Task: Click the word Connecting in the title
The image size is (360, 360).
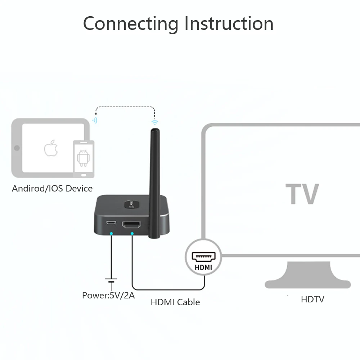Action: pos(130,24)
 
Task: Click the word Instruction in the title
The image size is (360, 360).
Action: pos(229,24)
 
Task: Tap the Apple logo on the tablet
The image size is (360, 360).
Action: pos(51,148)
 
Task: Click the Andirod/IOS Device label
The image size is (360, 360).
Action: pos(52,188)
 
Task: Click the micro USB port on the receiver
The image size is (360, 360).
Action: pos(111,223)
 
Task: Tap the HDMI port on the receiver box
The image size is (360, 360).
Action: pos(132,226)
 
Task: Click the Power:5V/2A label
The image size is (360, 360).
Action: pos(108,296)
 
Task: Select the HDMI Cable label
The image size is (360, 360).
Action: pos(175,302)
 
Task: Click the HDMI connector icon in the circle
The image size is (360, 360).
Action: pos(203,256)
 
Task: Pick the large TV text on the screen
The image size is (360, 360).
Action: pos(302,194)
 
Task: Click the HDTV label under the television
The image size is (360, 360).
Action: pos(312,299)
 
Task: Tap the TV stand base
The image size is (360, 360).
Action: pos(307,277)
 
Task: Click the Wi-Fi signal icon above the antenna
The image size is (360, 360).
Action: pos(155,122)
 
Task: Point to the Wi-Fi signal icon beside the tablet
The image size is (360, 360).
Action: pos(95,120)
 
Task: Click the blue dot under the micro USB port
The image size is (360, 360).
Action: pos(111,234)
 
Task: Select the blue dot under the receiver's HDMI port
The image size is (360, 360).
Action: pos(132,234)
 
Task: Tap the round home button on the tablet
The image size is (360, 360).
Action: pos(16,148)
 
